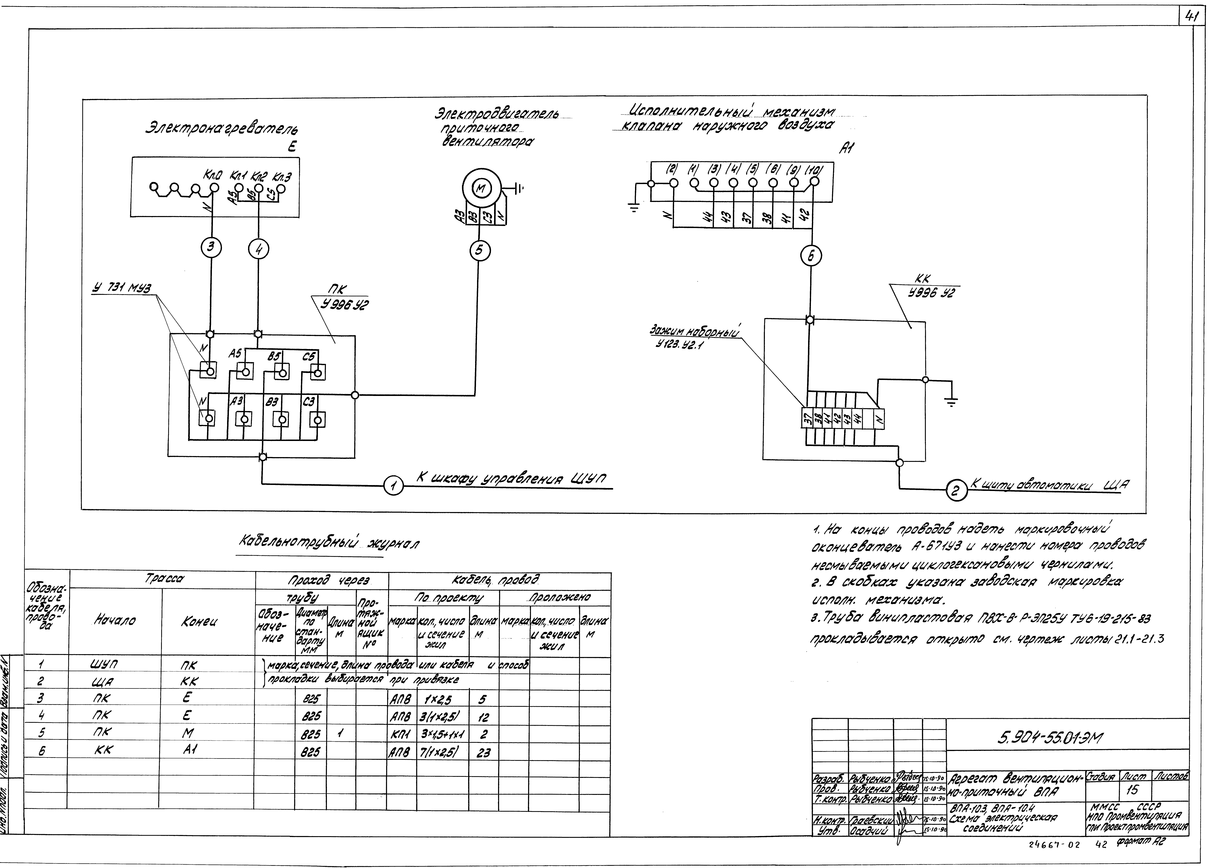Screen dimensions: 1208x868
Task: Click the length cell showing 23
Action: pos(483,752)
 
